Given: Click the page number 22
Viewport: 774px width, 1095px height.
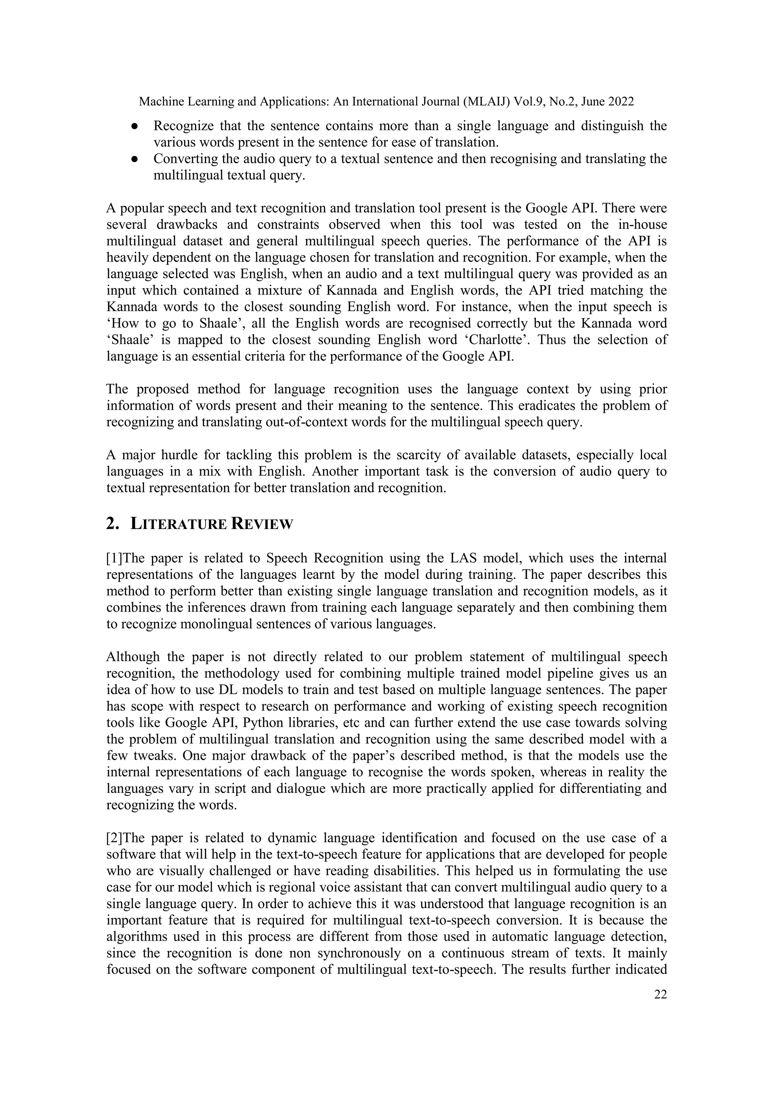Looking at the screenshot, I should tap(660, 994).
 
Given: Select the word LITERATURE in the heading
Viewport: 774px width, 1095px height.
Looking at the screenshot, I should tap(178, 524).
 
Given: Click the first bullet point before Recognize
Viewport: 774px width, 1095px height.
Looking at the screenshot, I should tap(135, 126).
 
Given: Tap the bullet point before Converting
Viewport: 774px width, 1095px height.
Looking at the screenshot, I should tap(135, 159).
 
